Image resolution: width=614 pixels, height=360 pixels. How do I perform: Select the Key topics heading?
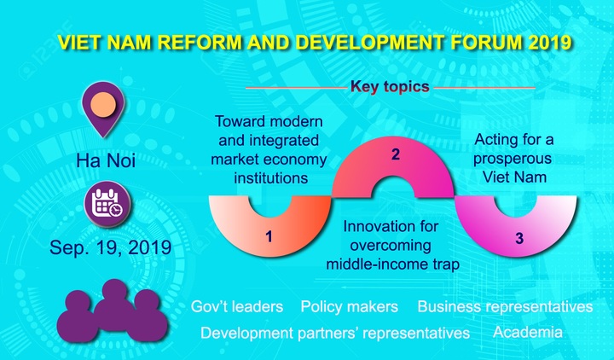pos(390,86)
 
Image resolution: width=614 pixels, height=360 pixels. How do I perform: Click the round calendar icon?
pos(107,206)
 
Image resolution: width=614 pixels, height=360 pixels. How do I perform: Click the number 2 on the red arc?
pos(394,155)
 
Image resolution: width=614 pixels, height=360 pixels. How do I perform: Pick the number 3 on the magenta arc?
pos(518,239)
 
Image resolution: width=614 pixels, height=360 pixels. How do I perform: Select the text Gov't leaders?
pos(240,306)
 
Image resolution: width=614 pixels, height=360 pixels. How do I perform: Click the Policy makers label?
pos(349,306)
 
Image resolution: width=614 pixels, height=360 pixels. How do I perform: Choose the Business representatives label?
pos(505,306)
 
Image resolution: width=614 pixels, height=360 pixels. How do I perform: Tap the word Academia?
pos(527,332)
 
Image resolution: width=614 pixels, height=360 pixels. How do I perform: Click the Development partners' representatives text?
pos(335,333)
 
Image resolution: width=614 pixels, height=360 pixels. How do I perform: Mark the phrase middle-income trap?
pos(392,264)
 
